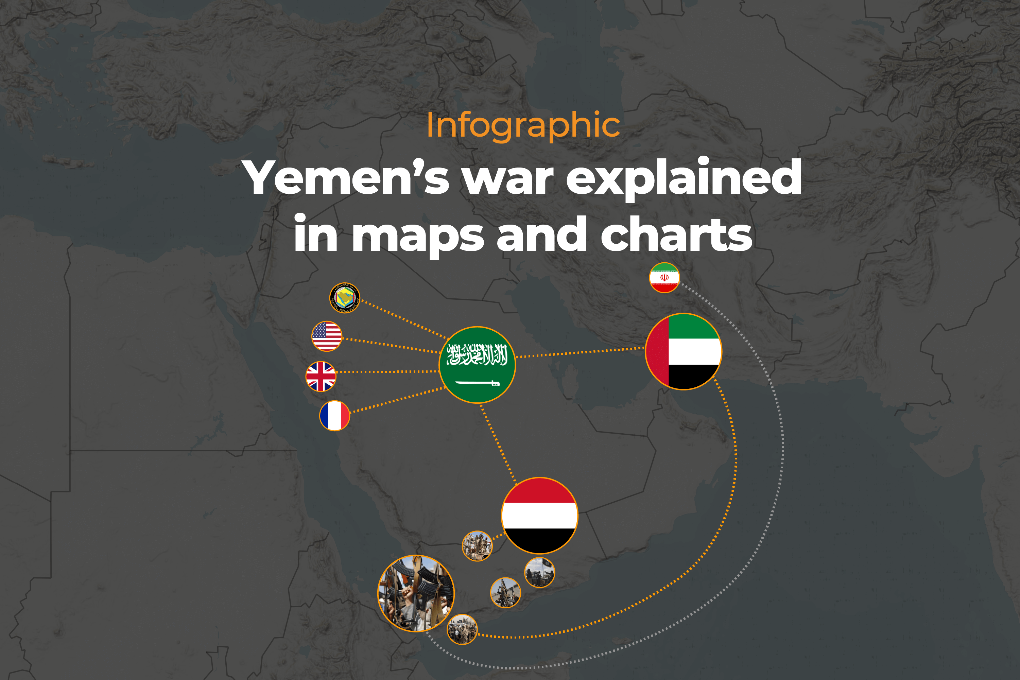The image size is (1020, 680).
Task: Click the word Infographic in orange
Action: point(523,126)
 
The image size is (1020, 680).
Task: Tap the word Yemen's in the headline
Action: point(347,177)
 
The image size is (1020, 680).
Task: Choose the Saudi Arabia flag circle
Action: point(477,365)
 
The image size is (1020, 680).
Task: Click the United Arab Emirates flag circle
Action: point(684,351)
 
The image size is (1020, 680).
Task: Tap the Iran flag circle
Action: point(664,278)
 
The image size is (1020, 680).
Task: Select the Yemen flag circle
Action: point(539,515)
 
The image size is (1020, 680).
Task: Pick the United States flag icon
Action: point(327,336)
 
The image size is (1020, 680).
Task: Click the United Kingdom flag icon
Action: point(321,377)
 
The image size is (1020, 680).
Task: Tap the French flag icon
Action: point(334,416)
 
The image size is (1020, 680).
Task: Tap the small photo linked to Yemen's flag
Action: point(477,545)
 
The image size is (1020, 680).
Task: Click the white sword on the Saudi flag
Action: point(477,383)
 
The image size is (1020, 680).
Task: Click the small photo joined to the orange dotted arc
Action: point(462,629)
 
